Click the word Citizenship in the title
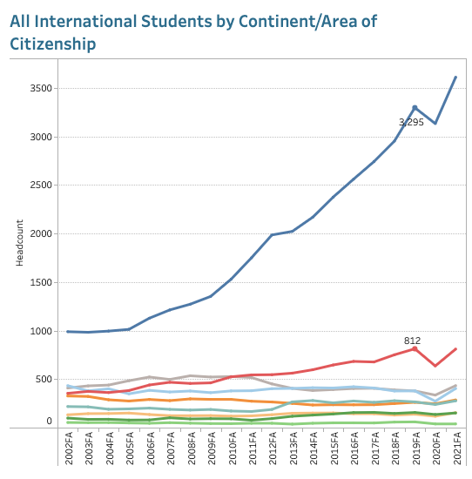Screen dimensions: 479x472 (53, 44)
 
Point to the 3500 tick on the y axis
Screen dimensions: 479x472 (41, 89)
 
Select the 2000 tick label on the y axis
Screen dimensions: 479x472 (41, 234)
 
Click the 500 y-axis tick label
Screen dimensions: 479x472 (44, 380)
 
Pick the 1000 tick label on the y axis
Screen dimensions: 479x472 (41, 331)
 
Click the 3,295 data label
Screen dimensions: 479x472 (411, 122)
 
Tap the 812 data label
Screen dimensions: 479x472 (412, 341)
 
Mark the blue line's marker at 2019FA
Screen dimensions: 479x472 (415, 107)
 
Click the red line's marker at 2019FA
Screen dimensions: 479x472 (415, 348)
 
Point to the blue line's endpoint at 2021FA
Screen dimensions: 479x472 (455, 77)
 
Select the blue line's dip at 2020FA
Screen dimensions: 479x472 (435, 124)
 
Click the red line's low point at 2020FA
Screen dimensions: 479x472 (435, 366)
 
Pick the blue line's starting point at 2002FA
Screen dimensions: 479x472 (69, 332)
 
